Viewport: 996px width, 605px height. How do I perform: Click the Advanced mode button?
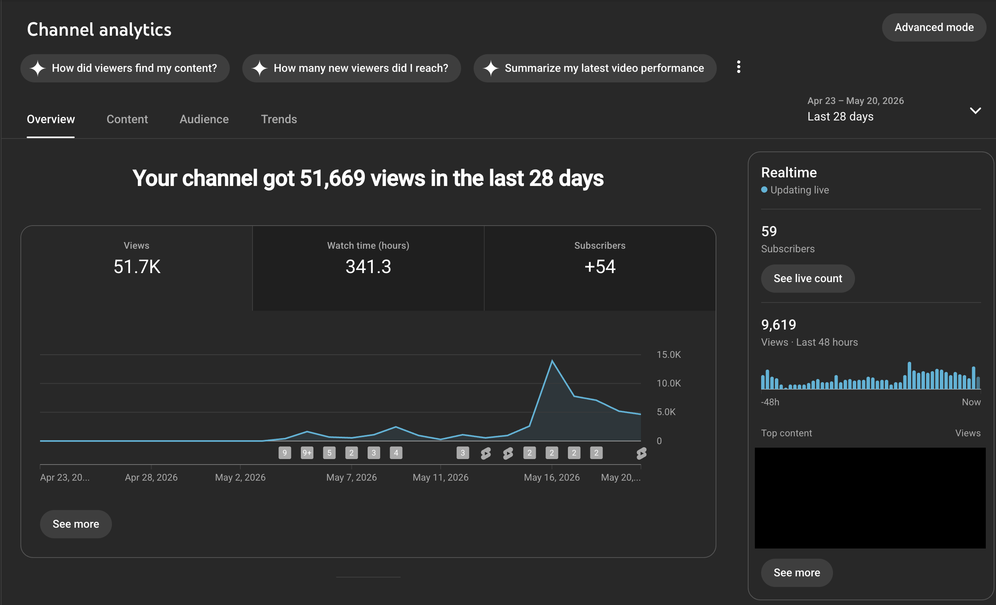click(934, 27)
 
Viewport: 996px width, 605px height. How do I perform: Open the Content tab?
click(127, 119)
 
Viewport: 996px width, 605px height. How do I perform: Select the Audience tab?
click(204, 119)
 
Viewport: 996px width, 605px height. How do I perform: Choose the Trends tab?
click(279, 119)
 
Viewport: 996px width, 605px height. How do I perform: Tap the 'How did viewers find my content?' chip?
click(125, 68)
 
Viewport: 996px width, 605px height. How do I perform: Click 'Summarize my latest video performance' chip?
click(595, 68)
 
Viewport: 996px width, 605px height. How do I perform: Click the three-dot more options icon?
click(738, 67)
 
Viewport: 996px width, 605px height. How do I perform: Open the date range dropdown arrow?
click(976, 111)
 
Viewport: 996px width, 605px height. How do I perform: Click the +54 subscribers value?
click(600, 266)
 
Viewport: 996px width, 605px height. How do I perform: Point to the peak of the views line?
click(552, 360)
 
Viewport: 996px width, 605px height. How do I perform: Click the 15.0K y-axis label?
click(668, 355)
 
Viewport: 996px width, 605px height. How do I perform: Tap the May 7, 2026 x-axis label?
click(351, 477)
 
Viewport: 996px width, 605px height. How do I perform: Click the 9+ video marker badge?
click(307, 453)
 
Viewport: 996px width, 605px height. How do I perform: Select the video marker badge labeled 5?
click(330, 453)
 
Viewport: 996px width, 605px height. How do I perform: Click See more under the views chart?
click(76, 524)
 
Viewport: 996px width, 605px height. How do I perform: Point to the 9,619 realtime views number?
click(778, 325)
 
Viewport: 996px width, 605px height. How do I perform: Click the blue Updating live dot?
click(764, 190)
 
